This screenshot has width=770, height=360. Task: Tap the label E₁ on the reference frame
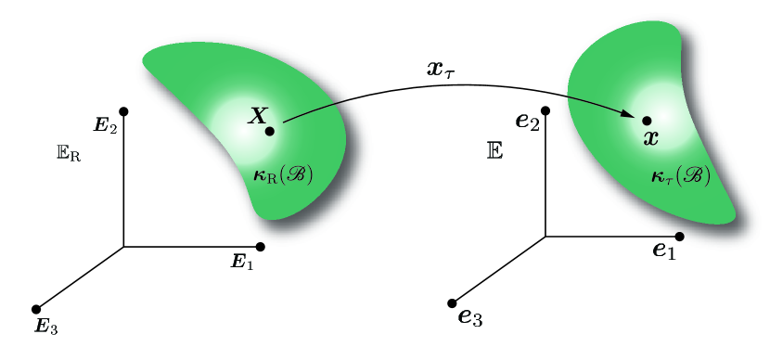pyautogui.click(x=241, y=264)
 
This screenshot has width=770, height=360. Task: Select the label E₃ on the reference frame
pyautogui.click(x=45, y=326)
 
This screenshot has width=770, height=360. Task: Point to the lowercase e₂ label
pyautogui.click(x=528, y=122)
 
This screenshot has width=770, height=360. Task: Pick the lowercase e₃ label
pyautogui.click(x=470, y=317)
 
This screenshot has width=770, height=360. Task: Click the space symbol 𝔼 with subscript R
pyautogui.click(x=68, y=153)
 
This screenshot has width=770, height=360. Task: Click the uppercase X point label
pyautogui.click(x=258, y=116)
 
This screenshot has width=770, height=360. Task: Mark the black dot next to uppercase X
pyautogui.click(x=269, y=132)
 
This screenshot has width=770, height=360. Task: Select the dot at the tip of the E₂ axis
pyautogui.click(x=123, y=111)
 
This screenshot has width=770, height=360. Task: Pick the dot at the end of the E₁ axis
pyautogui.click(x=260, y=246)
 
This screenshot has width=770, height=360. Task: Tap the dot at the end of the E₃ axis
pyautogui.click(x=36, y=309)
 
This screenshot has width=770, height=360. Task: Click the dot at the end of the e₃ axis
pyautogui.click(x=453, y=302)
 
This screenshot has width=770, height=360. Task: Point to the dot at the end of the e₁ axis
pyautogui.click(x=680, y=237)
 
